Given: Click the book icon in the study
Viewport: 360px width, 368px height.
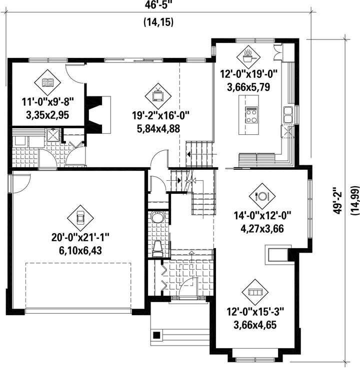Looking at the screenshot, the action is coord(47,82).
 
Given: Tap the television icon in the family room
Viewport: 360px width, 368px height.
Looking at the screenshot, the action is coord(158,95).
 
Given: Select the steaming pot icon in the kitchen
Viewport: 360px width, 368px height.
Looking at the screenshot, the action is coord(248,56).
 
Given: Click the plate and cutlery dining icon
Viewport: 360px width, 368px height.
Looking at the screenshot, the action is coord(262,196).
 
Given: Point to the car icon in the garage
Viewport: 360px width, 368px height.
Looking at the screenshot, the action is coord(80,218).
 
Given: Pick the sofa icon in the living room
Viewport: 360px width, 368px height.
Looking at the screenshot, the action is coord(255,292).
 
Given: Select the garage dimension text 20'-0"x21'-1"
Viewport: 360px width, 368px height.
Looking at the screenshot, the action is coord(80,238).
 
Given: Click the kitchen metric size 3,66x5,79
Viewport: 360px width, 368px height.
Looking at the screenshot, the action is coord(248,87).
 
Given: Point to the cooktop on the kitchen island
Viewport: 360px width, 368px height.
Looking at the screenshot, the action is coord(251,115).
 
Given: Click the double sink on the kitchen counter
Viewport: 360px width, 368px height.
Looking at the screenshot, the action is coord(288,114).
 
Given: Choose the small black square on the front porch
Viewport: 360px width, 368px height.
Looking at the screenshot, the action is coord(156,335).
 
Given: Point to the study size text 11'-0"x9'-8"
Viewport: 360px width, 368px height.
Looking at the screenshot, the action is coord(48,102).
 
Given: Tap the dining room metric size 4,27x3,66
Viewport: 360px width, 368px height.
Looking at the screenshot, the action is coord(262,229).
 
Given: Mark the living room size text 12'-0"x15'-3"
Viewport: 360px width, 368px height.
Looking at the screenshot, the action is coord(255,312).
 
